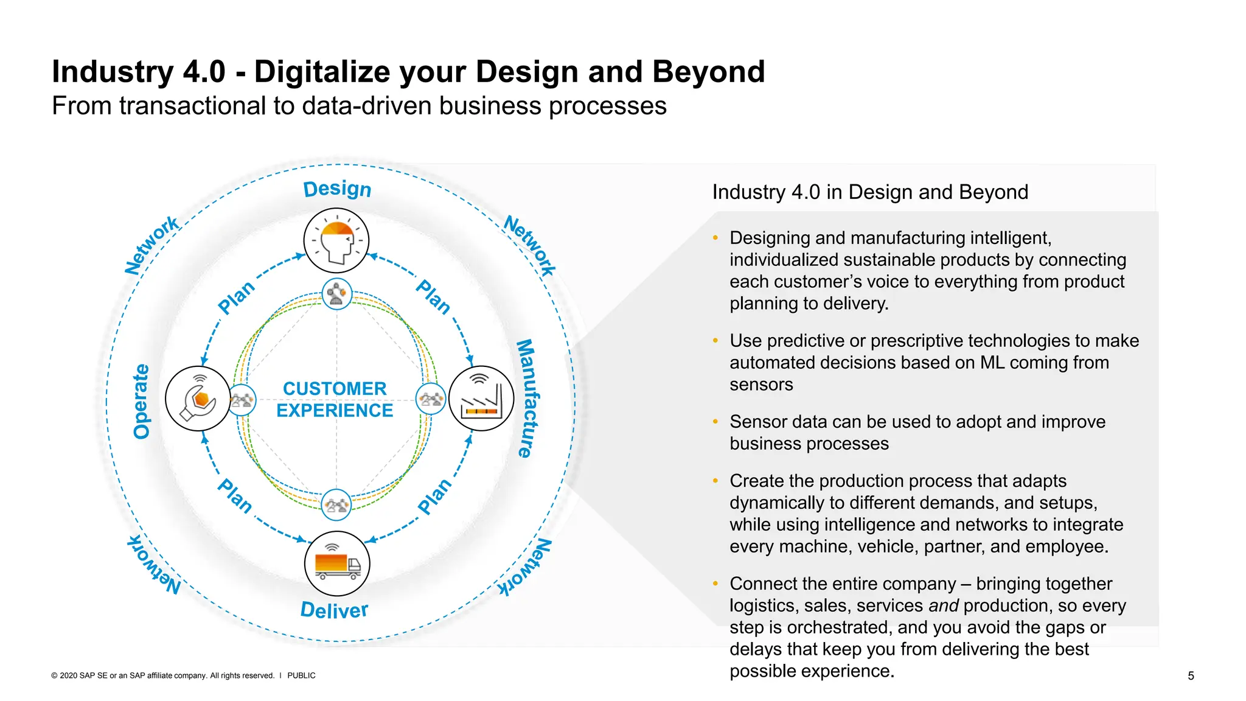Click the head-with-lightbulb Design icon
click(x=336, y=240)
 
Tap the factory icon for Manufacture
click(x=481, y=399)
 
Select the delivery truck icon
click(x=337, y=563)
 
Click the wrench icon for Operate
click(x=198, y=399)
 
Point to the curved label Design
click(x=337, y=189)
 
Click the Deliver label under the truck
click(x=335, y=610)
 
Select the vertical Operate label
click(x=141, y=401)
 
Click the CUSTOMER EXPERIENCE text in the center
click(x=335, y=399)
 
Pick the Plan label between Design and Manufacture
click(x=433, y=297)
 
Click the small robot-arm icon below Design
click(x=336, y=294)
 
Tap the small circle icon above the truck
click(x=336, y=505)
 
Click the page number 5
click(x=1191, y=676)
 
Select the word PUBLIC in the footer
click(x=301, y=675)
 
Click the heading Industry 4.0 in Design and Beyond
click(x=870, y=192)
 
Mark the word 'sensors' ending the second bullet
click(x=761, y=385)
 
